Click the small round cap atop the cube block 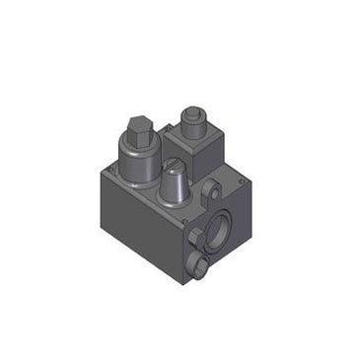(x=192, y=115)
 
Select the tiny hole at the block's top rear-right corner (x=241, y=178)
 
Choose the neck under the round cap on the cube (x=192, y=126)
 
